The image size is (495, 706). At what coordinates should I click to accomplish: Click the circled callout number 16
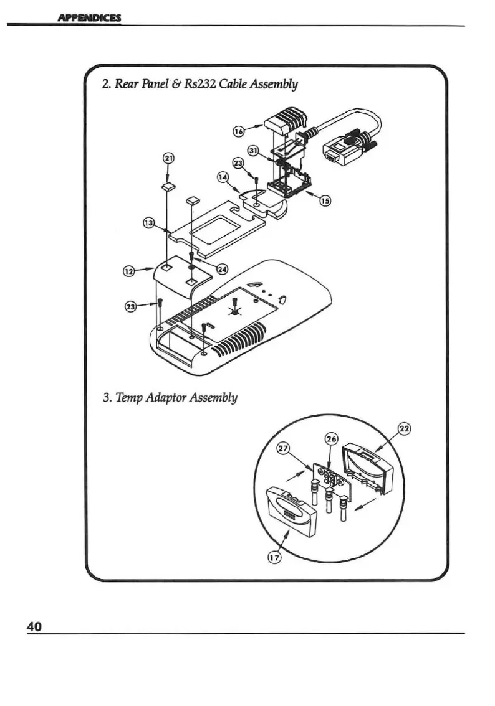coord(238,131)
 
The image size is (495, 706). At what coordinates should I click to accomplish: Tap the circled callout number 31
coord(253,151)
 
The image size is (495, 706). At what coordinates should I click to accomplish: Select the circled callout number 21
coord(168,158)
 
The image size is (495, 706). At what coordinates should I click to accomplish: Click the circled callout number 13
coord(148,222)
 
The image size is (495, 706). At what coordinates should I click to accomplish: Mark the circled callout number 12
coord(128,270)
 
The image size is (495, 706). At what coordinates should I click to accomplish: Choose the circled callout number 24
coord(222,268)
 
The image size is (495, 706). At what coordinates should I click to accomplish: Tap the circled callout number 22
coord(404,429)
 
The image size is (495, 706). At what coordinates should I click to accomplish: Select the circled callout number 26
coord(331,439)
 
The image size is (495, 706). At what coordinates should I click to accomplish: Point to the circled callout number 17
coord(272,558)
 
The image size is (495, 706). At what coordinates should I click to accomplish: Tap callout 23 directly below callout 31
coord(238,162)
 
